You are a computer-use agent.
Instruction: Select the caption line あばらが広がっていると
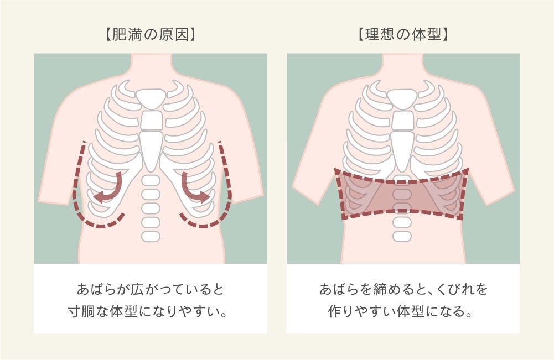coord(151,289)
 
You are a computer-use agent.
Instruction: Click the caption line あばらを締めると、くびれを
coord(403,289)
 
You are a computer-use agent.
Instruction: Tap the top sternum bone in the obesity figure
coord(151,99)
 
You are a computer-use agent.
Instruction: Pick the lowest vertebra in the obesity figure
coord(151,236)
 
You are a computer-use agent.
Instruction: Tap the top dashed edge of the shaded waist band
coord(402,181)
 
